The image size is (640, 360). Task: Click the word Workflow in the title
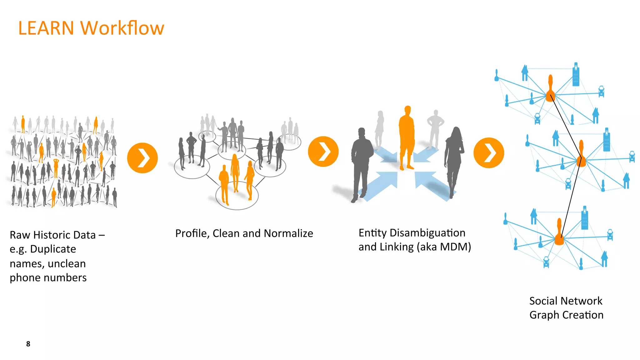point(122,28)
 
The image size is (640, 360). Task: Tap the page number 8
point(28,344)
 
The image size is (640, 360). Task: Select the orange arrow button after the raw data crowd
point(142,158)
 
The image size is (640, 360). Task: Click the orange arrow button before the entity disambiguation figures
point(323,152)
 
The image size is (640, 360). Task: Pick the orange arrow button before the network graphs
point(489,153)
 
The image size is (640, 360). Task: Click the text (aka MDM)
point(444,247)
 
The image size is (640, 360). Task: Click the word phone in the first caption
point(25,278)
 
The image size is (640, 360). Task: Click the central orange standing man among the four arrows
point(407,137)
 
